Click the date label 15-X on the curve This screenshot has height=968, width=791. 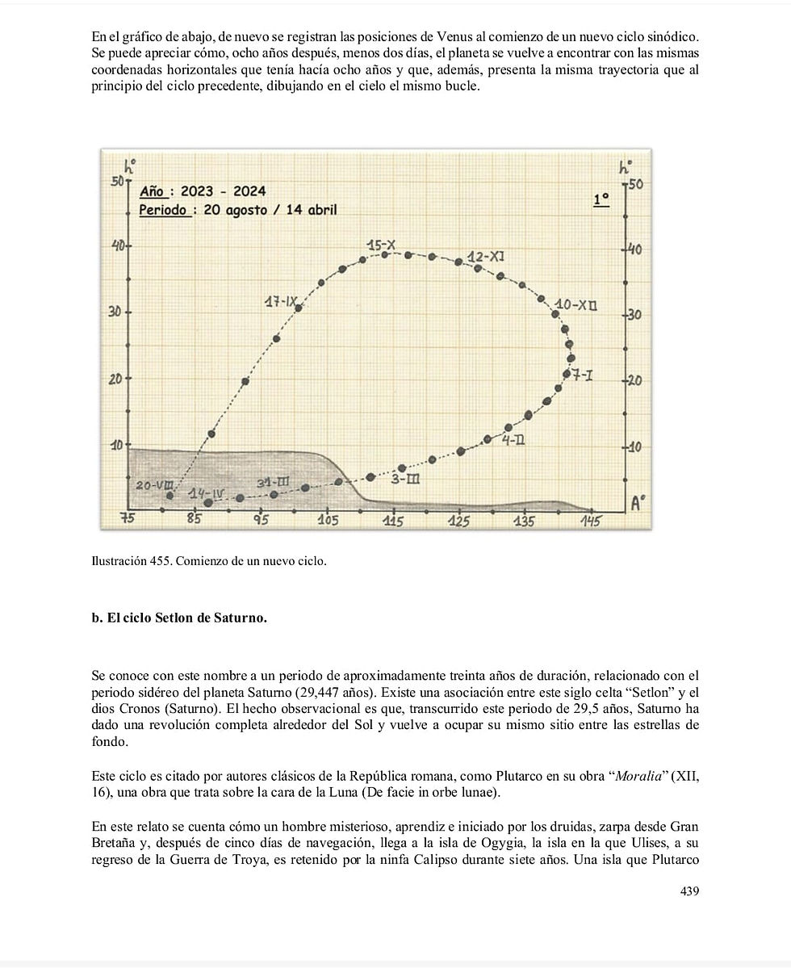[381, 245]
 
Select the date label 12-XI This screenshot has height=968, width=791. [487, 256]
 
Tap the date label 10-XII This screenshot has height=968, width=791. [575, 305]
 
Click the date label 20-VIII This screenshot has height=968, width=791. [152, 485]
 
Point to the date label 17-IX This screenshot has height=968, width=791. [281, 303]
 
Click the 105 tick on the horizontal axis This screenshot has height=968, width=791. [327, 521]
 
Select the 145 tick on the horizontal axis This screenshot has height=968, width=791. [591, 522]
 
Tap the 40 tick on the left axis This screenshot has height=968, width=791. [117, 245]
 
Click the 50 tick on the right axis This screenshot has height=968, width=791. [635, 186]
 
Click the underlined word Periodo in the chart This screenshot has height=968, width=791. [164, 210]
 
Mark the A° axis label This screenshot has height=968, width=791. [638, 504]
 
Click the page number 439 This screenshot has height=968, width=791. [688, 890]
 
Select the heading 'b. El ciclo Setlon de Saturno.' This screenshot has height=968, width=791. [179, 618]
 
